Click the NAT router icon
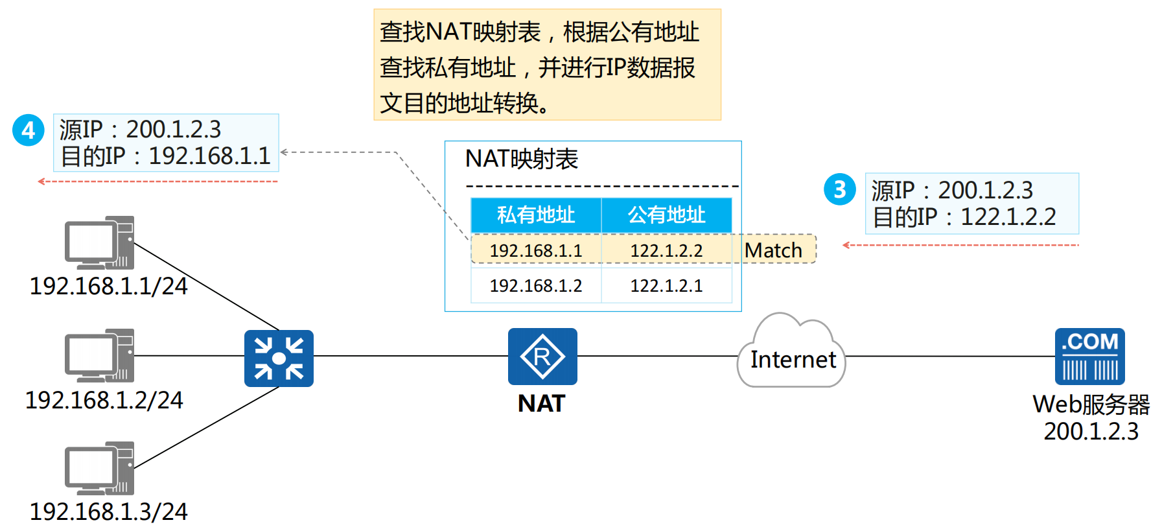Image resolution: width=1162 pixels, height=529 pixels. pyautogui.click(x=542, y=357)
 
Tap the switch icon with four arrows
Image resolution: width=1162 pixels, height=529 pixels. pyautogui.click(x=279, y=358)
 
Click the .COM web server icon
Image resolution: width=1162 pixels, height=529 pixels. pyautogui.click(x=1089, y=357)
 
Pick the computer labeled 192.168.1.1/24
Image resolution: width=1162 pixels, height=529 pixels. pyautogui.click(x=99, y=243)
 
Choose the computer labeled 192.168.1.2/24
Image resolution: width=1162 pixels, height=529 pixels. pyautogui.click(x=99, y=355)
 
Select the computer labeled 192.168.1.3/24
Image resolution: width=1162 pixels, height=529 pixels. pyautogui.click(x=99, y=468)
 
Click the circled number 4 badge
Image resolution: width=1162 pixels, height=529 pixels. pyautogui.click(x=29, y=130)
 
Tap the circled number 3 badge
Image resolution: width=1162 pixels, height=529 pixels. pyautogui.click(x=840, y=189)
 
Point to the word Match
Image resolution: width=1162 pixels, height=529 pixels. pyautogui.click(x=773, y=250)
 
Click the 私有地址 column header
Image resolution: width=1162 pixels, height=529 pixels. pyautogui.click(x=536, y=215)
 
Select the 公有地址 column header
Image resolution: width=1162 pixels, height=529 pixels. pyautogui.click(x=666, y=215)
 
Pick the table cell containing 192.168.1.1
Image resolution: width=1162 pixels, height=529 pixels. pyautogui.click(x=536, y=250)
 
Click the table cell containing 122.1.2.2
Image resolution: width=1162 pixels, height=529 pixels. pyautogui.click(x=666, y=250)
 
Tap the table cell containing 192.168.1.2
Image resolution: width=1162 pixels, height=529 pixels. pyautogui.click(x=536, y=285)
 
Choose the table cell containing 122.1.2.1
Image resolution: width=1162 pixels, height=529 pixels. pyautogui.click(x=666, y=285)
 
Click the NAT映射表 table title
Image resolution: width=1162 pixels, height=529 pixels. pyautogui.click(x=522, y=159)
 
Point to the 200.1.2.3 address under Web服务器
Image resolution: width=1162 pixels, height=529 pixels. pyautogui.click(x=1091, y=431)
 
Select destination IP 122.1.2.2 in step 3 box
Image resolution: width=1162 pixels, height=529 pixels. pyautogui.click(x=1008, y=217)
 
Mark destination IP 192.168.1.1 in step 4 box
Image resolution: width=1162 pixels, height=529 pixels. pyautogui.click(x=209, y=156)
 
